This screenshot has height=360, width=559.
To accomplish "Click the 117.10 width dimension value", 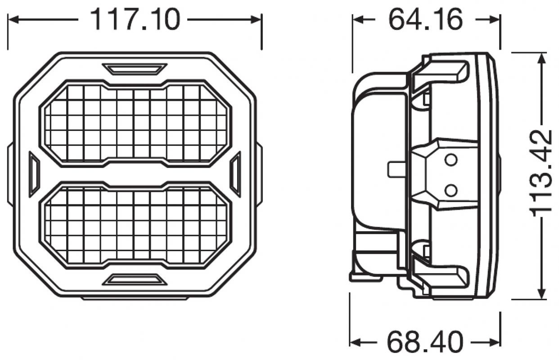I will pyautogui.click(x=135, y=20).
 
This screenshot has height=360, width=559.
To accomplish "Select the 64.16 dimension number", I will pyautogui.click(x=425, y=20).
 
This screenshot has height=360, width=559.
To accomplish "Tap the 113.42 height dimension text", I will pyautogui.click(x=541, y=173).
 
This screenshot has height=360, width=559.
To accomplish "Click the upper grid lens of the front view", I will pyautogui.click(x=135, y=123).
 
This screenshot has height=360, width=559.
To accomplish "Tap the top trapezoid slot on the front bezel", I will pyautogui.click(x=135, y=69).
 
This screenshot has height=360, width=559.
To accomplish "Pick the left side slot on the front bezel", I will pyautogui.click(x=34, y=174).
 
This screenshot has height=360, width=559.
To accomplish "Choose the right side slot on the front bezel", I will pyautogui.click(x=235, y=174).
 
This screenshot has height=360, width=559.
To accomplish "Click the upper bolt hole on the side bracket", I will pyautogui.click(x=451, y=160).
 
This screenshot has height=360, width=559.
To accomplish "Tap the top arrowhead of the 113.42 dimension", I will pyautogui.click(x=541, y=57).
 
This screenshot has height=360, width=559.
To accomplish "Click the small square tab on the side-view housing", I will pyautogui.click(x=394, y=169).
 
